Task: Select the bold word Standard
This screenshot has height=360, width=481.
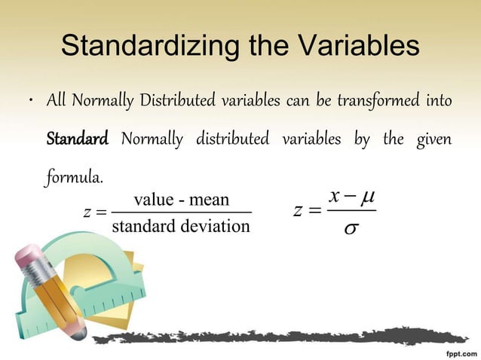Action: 78,140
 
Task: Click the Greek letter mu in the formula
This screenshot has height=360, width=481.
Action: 366,198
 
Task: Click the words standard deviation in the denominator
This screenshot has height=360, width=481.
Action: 180,227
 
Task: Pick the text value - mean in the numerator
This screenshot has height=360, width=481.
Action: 181,200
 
